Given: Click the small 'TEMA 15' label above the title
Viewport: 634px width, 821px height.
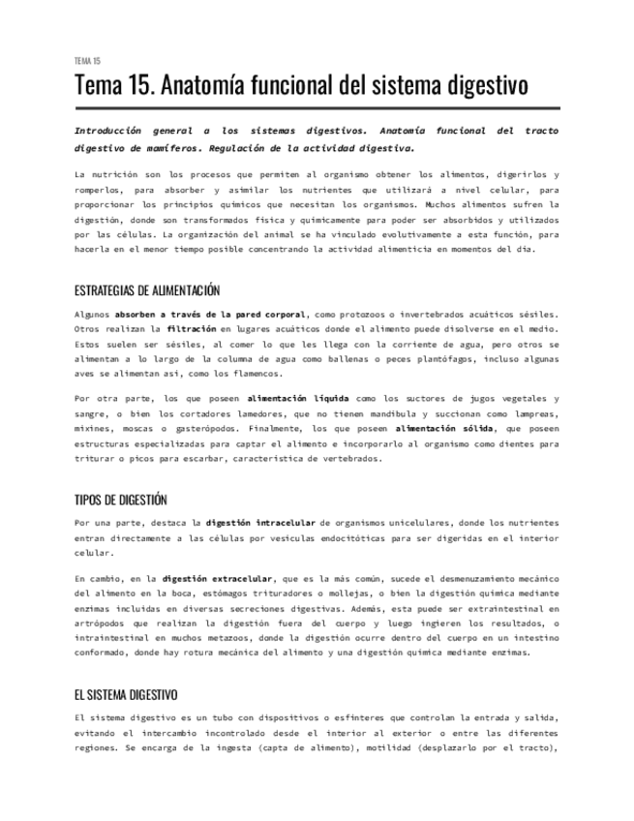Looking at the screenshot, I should [87, 61].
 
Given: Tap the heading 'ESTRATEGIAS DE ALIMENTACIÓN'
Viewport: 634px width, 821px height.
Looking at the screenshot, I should [147, 290].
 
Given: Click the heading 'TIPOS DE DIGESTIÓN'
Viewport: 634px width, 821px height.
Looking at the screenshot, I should [121, 500].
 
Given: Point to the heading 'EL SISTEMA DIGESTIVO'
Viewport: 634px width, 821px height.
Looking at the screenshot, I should [126, 694].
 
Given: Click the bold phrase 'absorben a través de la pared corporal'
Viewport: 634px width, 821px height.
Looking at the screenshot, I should [211, 315].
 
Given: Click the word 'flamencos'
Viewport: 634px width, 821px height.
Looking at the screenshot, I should [252, 373].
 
